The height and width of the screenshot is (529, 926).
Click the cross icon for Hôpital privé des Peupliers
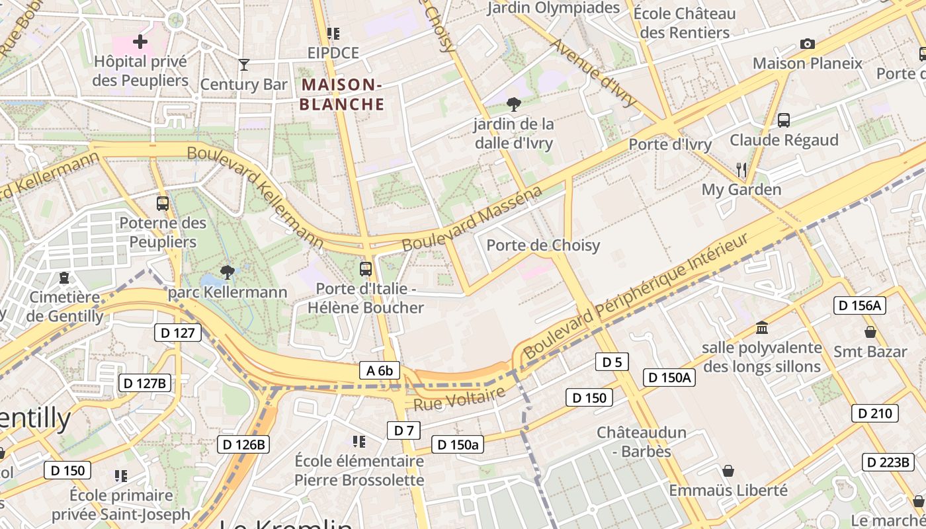coord(140,42)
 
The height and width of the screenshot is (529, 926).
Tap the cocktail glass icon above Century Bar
coord(244,65)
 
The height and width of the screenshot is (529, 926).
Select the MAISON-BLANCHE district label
coord(341,94)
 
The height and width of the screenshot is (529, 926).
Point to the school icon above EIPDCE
coord(333,34)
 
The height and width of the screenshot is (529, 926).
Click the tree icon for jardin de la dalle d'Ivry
coord(513,104)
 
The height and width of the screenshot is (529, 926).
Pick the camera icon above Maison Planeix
coord(807,44)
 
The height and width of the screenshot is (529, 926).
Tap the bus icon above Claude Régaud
coord(784,120)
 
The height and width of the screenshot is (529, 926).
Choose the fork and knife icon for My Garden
coord(741,170)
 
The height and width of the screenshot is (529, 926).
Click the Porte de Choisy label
coord(543,245)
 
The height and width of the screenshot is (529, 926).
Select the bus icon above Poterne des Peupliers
coord(163,204)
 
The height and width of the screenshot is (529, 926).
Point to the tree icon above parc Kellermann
coord(228,272)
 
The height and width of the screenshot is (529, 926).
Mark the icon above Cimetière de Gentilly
coord(64,278)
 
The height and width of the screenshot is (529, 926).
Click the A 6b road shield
coord(380,370)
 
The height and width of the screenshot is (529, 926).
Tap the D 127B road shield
coord(145,382)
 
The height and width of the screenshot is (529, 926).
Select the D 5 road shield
coord(612,362)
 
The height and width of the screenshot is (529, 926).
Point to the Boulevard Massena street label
coord(472,219)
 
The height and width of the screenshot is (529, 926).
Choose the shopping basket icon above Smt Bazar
coord(870,332)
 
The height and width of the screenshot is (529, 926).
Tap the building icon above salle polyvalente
coord(762,328)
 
